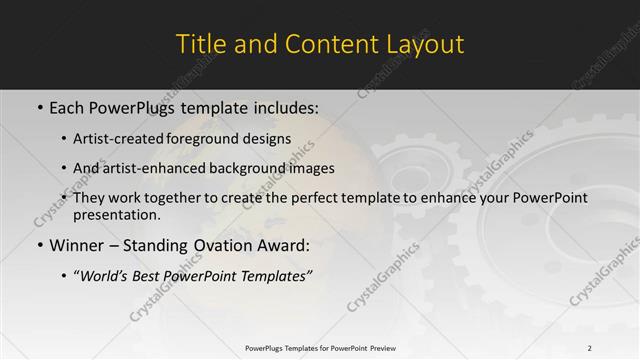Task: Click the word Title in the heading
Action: coord(199,44)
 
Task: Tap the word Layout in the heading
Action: coord(428,44)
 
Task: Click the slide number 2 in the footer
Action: coord(590,347)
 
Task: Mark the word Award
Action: coord(282,245)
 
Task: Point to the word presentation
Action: coord(116,214)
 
